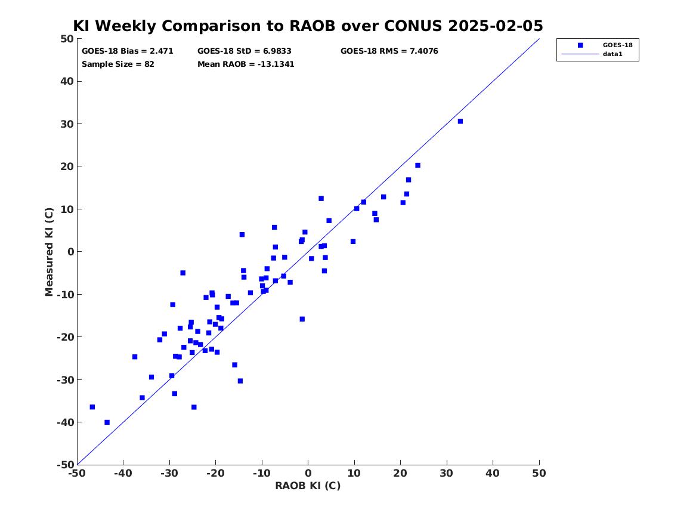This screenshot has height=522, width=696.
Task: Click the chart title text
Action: [x=308, y=26]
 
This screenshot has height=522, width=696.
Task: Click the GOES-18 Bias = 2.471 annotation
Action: [x=128, y=51]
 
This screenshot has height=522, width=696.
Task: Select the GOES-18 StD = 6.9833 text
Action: [x=245, y=51]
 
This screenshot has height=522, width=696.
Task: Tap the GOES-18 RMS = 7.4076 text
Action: [x=389, y=51]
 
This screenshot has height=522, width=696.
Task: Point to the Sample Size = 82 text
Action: [x=118, y=64]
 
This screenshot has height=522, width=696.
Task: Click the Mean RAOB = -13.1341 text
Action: [x=246, y=64]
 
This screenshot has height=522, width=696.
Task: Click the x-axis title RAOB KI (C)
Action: [x=308, y=486]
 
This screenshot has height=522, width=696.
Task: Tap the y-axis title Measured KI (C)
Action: [x=49, y=252]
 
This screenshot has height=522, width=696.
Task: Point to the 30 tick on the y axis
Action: [x=67, y=124]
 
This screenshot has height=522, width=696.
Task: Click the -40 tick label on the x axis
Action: [x=123, y=473]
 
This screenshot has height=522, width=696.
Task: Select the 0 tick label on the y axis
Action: [x=70, y=252]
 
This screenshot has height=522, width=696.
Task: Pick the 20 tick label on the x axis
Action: [x=400, y=473]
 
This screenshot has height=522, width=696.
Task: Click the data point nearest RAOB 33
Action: [x=460, y=121]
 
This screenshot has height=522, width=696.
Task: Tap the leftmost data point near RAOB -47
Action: [x=92, y=407]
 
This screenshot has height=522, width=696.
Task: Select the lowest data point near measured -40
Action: [x=107, y=422]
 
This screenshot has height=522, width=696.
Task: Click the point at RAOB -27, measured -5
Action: [x=183, y=273]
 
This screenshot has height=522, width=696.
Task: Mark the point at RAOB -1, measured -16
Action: [x=302, y=319]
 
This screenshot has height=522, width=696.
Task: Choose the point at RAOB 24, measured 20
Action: [x=417, y=166]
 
